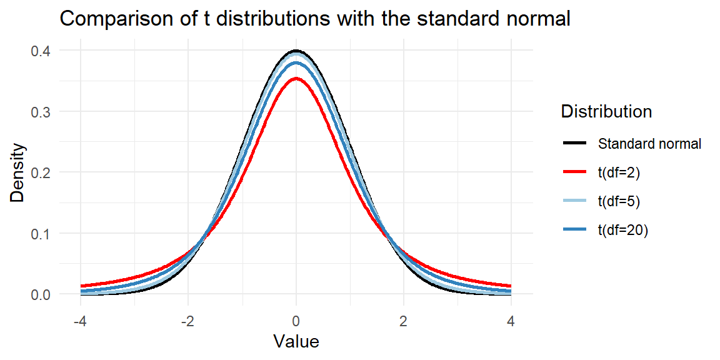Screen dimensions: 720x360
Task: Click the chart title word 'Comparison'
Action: (x=110, y=20)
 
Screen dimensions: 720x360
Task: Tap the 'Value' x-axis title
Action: (x=296, y=342)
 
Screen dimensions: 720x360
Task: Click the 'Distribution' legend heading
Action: (x=607, y=112)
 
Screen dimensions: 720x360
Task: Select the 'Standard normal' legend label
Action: (x=649, y=144)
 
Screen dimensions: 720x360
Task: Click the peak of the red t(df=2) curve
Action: (x=296, y=79)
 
